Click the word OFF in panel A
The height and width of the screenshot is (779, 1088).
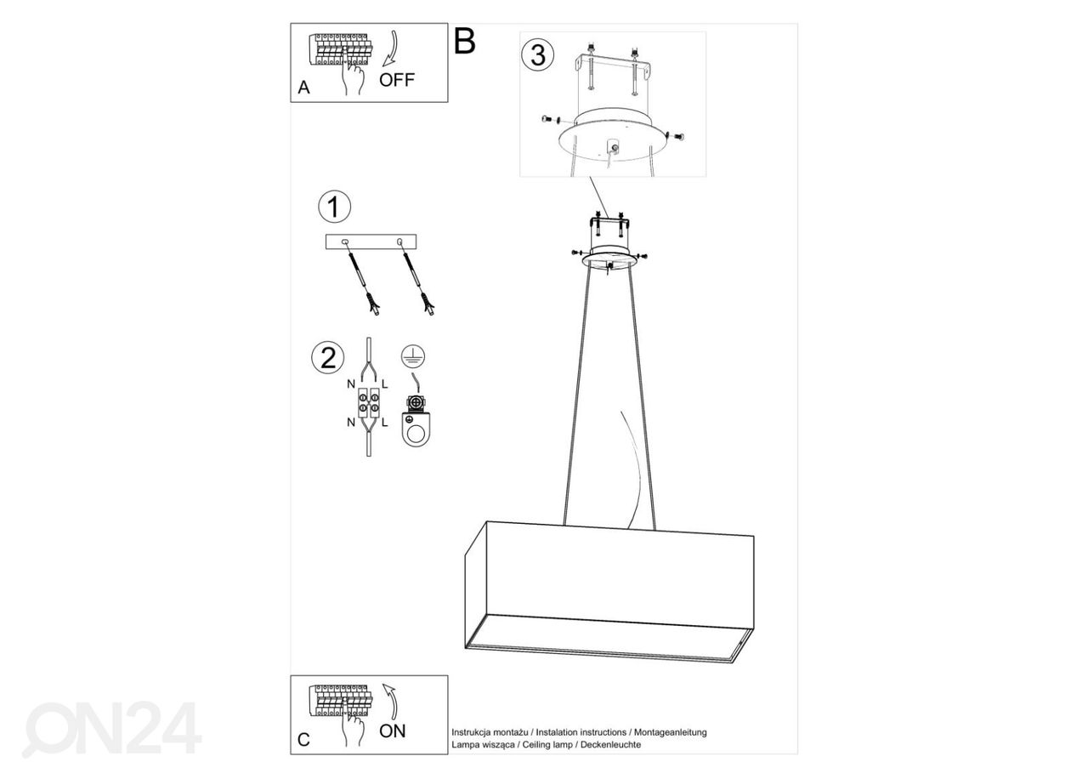pyautogui.click(x=397, y=80)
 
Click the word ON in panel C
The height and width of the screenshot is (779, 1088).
pyautogui.click(x=393, y=731)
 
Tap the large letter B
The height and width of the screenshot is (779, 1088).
pyautogui.click(x=464, y=42)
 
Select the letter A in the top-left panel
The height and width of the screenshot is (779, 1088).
pyautogui.click(x=303, y=88)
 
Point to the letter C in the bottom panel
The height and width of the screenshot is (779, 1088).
pyautogui.click(x=303, y=740)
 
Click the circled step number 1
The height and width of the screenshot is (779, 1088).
pyautogui.click(x=334, y=207)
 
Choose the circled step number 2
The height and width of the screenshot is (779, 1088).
pyautogui.click(x=328, y=357)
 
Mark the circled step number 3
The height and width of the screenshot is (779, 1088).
pyautogui.click(x=538, y=55)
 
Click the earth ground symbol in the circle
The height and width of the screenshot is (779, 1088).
pyautogui.click(x=413, y=356)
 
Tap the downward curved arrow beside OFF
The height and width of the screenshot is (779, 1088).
pyautogui.click(x=392, y=48)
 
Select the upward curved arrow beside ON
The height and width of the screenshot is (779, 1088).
pyautogui.click(x=392, y=702)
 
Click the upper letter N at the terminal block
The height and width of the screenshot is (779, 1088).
pyautogui.click(x=351, y=384)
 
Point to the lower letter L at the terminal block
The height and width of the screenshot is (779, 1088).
pyautogui.click(x=385, y=423)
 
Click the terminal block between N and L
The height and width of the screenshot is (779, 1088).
pyautogui.click(x=369, y=403)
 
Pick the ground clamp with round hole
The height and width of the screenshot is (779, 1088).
pyautogui.click(x=416, y=421)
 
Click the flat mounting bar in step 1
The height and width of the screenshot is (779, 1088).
pyautogui.click(x=371, y=242)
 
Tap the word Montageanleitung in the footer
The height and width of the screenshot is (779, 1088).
pyautogui.click(x=671, y=732)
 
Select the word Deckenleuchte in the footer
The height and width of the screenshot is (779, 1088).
pyautogui.click(x=610, y=744)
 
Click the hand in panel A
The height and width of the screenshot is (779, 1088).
pyautogui.click(x=352, y=74)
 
